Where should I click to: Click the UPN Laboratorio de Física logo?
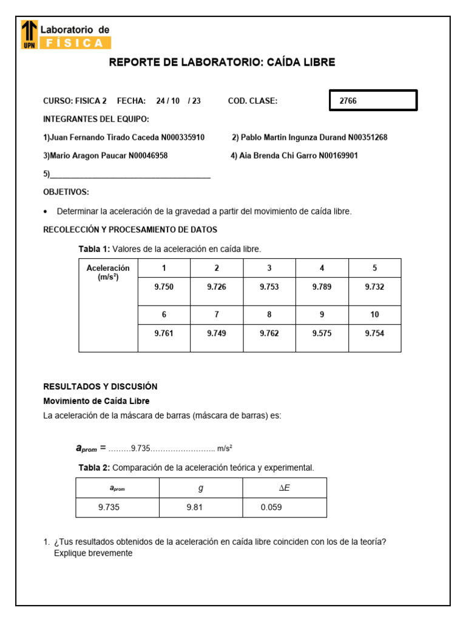click(66, 35)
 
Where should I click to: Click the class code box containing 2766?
click(373, 101)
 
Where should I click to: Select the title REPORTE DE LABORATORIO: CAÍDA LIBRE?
click(221, 63)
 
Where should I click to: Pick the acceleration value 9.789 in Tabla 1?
click(322, 287)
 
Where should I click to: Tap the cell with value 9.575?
click(322, 333)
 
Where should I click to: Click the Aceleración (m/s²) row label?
click(108, 272)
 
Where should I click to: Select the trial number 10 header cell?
click(374, 315)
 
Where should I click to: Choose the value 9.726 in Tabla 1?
click(217, 287)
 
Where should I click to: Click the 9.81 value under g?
click(194, 507)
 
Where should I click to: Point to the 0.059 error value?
click(271, 507)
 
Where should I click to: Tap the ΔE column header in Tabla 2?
click(284, 488)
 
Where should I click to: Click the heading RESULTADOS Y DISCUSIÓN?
click(100, 386)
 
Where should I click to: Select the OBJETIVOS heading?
click(66, 193)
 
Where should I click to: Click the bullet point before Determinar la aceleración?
click(46, 212)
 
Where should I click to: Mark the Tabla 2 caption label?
click(94, 468)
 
